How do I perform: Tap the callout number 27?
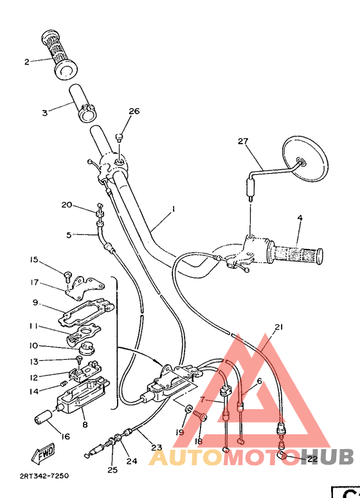pyautogui.click(x=242, y=142)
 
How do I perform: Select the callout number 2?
pyautogui.click(x=27, y=62)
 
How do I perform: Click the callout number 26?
pyautogui.click(x=133, y=111)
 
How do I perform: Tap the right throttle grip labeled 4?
pyautogui.click(x=296, y=252)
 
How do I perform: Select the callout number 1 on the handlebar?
pyautogui.click(x=173, y=209)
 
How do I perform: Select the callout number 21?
pyautogui.click(x=278, y=327)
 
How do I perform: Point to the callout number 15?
pyautogui.click(x=33, y=259)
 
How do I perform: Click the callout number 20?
pyautogui.click(x=66, y=205)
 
